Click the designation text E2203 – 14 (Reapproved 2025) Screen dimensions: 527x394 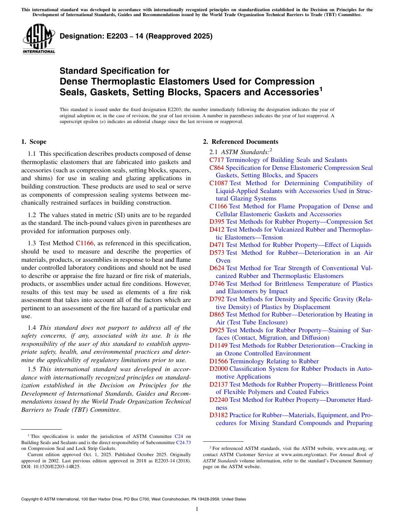[136, 36]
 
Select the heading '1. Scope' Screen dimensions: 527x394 [34, 142]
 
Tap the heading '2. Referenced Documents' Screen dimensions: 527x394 [240, 142]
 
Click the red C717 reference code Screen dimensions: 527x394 [216, 160]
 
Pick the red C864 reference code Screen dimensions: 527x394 [216, 168]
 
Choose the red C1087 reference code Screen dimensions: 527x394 [219, 183]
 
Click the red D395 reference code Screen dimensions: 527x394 [217, 222]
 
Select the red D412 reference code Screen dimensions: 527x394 [217, 230]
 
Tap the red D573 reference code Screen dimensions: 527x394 [217, 253]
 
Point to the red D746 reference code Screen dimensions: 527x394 [217, 284]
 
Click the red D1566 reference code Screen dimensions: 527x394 [219, 361]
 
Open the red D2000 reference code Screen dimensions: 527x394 [219, 369]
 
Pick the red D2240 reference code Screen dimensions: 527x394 [219, 400]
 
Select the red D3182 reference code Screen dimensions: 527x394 [219, 415]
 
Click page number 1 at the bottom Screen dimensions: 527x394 [197, 509]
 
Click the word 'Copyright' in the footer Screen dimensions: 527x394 [31, 499]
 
